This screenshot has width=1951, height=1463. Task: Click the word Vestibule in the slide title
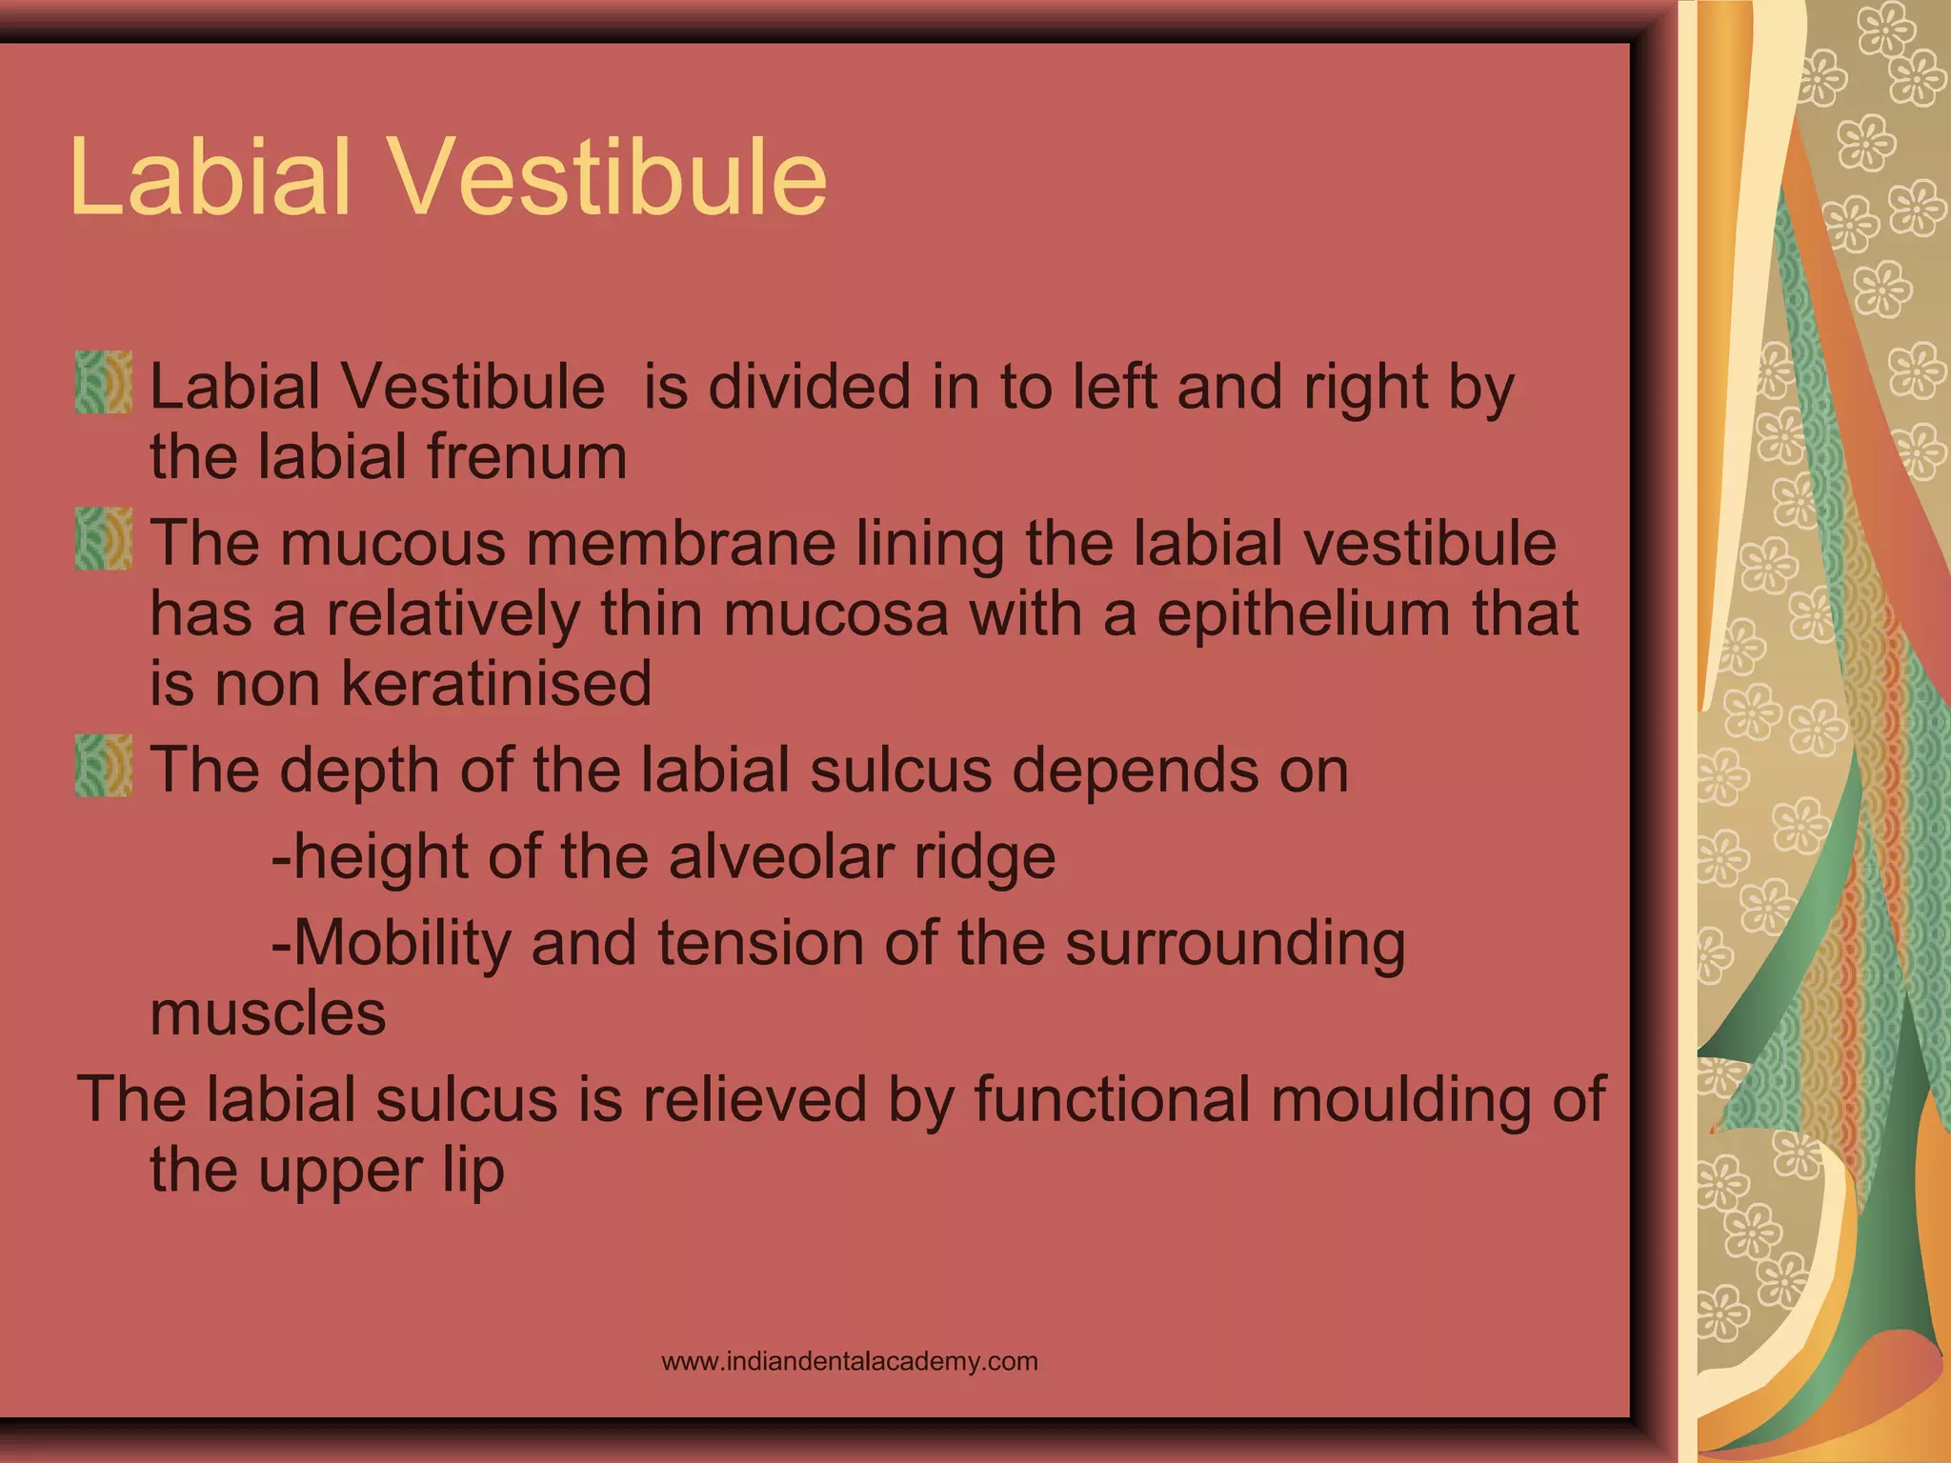(x=610, y=178)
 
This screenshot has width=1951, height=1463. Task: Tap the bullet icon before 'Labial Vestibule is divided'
(x=103, y=382)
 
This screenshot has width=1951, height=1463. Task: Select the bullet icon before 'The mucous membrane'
(x=103, y=539)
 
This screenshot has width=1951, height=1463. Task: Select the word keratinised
(x=496, y=684)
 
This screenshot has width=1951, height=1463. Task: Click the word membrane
(x=680, y=544)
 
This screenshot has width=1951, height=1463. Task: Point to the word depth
(x=359, y=771)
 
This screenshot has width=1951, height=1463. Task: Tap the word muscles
(x=268, y=1013)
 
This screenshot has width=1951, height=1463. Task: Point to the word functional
(x=1112, y=1099)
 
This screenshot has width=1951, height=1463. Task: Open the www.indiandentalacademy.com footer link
(x=849, y=1361)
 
